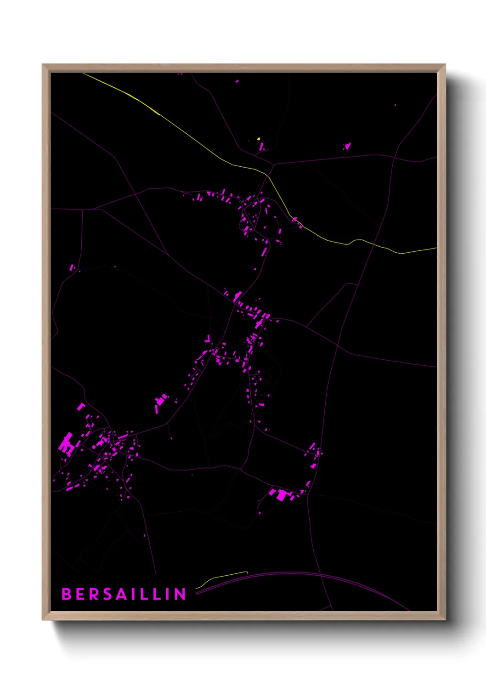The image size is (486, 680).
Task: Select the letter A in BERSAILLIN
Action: pyautogui.click(x=122, y=594)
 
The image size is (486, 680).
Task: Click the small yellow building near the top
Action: pyautogui.click(x=259, y=138)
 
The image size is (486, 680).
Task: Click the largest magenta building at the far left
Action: pyautogui.click(x=67, y=443)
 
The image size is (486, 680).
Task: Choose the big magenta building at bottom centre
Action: pyautogui.click(x=282, y=495)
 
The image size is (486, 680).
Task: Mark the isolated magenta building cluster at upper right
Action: pyautogui.click(x=347, y=147)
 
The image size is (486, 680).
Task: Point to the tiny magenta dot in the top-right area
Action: pyautogui.click(x=395, y=105)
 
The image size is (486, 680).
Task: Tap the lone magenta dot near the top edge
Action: pyautogui.click(x=237, y=81)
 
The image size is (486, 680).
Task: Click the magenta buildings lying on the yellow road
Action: pyautogui.click(x=297, y=222)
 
